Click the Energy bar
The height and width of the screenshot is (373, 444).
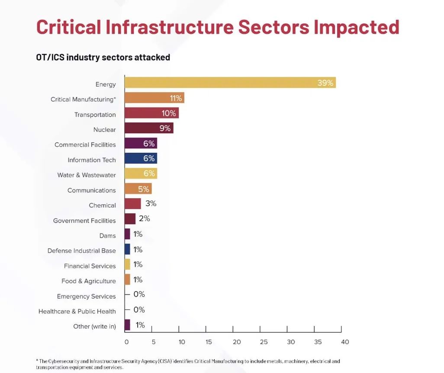coord(230,83)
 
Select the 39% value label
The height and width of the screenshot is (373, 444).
coord(325,83)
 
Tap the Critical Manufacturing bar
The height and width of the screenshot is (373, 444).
coord(154,98)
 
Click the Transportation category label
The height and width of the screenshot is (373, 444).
coord(95,115)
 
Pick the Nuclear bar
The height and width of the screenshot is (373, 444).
coord(148,128)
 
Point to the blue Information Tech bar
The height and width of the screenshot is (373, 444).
coord(140,158)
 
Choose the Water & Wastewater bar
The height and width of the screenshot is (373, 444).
coord(140,174)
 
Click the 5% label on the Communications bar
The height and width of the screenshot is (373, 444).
coord(144,189)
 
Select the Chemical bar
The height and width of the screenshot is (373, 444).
coord(132,204)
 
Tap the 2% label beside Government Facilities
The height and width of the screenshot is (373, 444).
coord(145,219)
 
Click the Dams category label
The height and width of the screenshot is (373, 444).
coord(107,236)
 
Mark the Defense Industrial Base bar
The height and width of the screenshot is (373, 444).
coord(127,249)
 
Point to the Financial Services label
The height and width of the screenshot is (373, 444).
coord(90,266)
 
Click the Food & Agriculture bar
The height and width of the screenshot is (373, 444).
coord(127,280)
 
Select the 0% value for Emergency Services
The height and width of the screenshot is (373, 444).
coord(139,295)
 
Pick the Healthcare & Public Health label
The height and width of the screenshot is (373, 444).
coord(77,312)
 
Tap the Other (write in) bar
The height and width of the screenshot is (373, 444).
coord(127,325)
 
